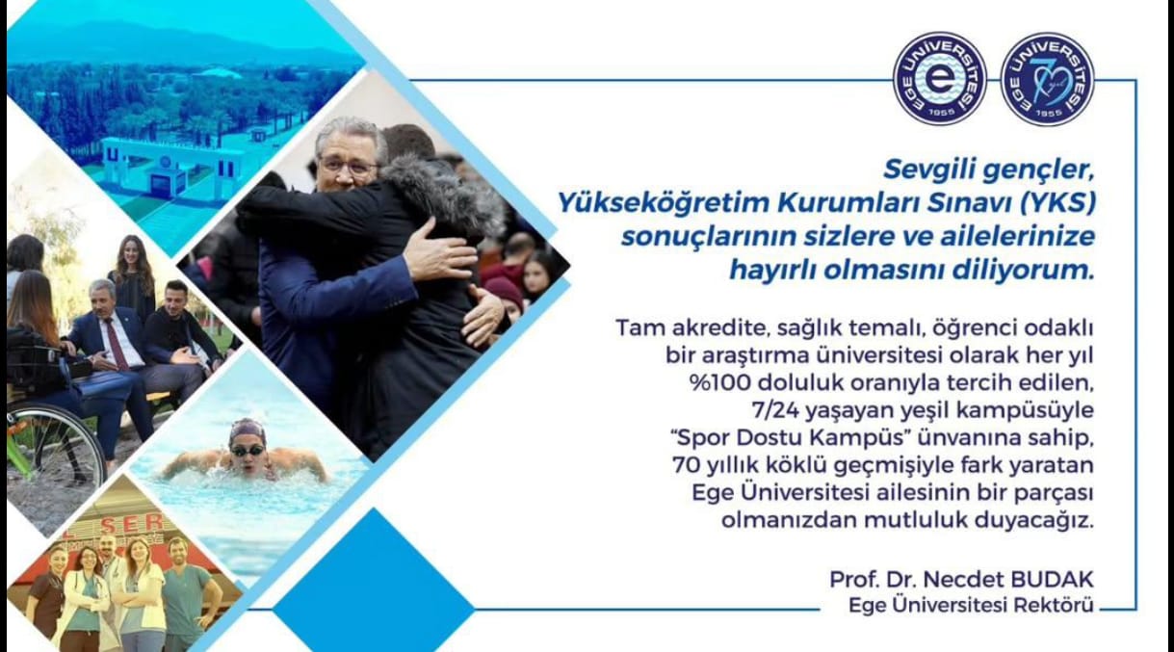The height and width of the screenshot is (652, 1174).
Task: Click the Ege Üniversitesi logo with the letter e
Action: click(940, 79)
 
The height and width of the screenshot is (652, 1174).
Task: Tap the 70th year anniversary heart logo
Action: click(1047, 79)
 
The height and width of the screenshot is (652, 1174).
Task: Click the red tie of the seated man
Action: click(117, 343)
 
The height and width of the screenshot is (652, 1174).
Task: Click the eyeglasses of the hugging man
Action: click(349, 168)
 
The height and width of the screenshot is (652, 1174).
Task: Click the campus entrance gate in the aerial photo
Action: click(167, 168)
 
